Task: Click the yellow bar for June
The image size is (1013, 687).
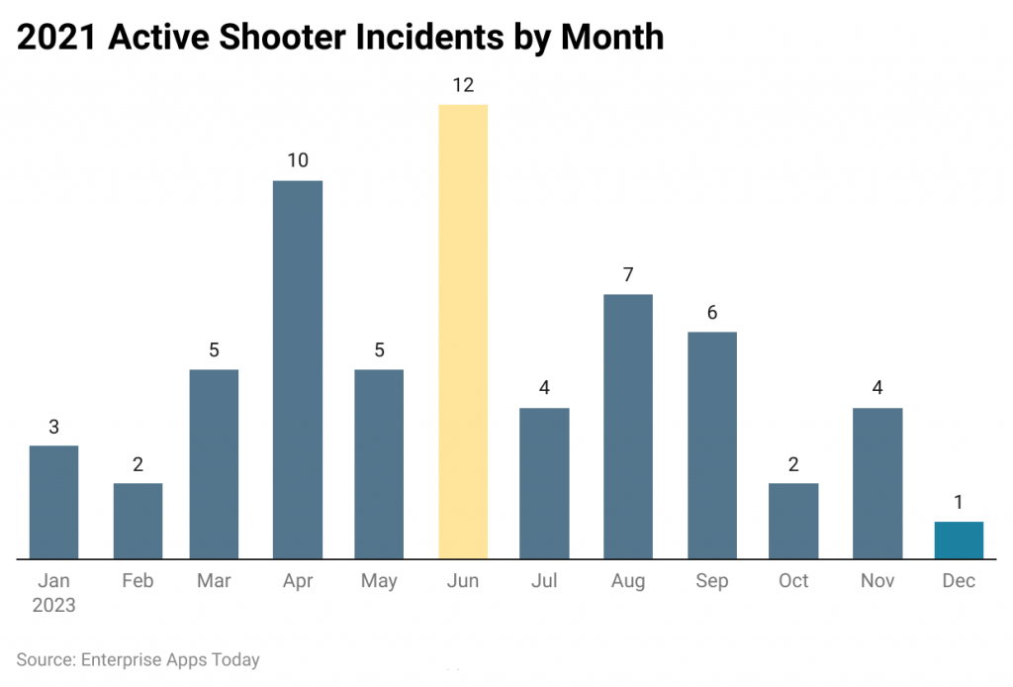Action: pyautogui.click(x=463, y=332)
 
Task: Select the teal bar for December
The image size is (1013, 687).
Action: pyautogui.click(x=959, y=540)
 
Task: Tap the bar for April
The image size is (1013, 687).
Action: pyautogui.click(x=298, y=369)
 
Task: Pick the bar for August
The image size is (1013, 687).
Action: pyautogui.click(x=628, y=427)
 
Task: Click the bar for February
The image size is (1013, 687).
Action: pyautogui.click(x=138, y=521)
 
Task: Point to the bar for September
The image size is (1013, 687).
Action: pyautogui.click(x=712, y=445)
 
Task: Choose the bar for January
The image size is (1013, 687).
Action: pyautogui.click(x=53, y=502)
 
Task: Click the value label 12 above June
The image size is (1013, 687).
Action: pyautogui.click(x=463, y=85)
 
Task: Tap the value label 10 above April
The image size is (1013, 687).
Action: pyautogui.click(x=298, y=160)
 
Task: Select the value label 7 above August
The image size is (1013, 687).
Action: pyautogui.click(x=628, y=274)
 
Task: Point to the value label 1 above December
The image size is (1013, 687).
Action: pyautogui.click(x=959, y=502)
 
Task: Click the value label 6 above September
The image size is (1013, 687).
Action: pyautogui.click(x=712, y=312)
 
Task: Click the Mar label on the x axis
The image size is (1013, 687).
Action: pyautogui.click(x=215, y=581)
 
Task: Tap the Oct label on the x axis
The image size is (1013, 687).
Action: pyautogui.click(x=793, y=581)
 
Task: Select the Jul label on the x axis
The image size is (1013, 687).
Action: pyautogui.click(x=545, y=581)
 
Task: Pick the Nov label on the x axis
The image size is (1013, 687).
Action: pyautogui.click(x=876, y=581)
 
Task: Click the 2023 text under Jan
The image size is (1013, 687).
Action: pyautogui.click(x=53, y=605)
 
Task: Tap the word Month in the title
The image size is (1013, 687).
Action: pyautogui.click(x=611, y=37)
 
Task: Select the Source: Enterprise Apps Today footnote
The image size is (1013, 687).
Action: pyautogui.click(x=138, y=659)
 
